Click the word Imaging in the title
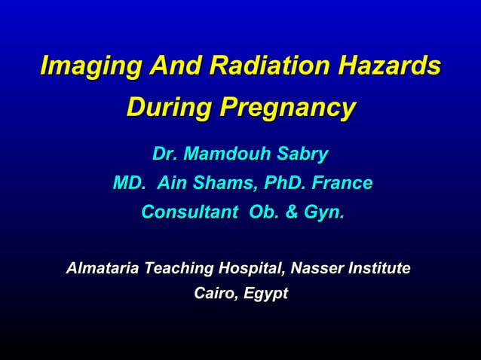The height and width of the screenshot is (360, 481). point(90,66)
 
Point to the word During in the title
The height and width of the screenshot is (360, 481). point(167,108)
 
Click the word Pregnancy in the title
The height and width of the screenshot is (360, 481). point(286,108)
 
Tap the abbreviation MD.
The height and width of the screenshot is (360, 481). point(128,184)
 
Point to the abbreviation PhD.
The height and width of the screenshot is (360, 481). point(287,184)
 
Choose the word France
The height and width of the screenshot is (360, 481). point(343,184)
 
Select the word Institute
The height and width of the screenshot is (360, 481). point(382,268)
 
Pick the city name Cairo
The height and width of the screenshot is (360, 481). point(213,294)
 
